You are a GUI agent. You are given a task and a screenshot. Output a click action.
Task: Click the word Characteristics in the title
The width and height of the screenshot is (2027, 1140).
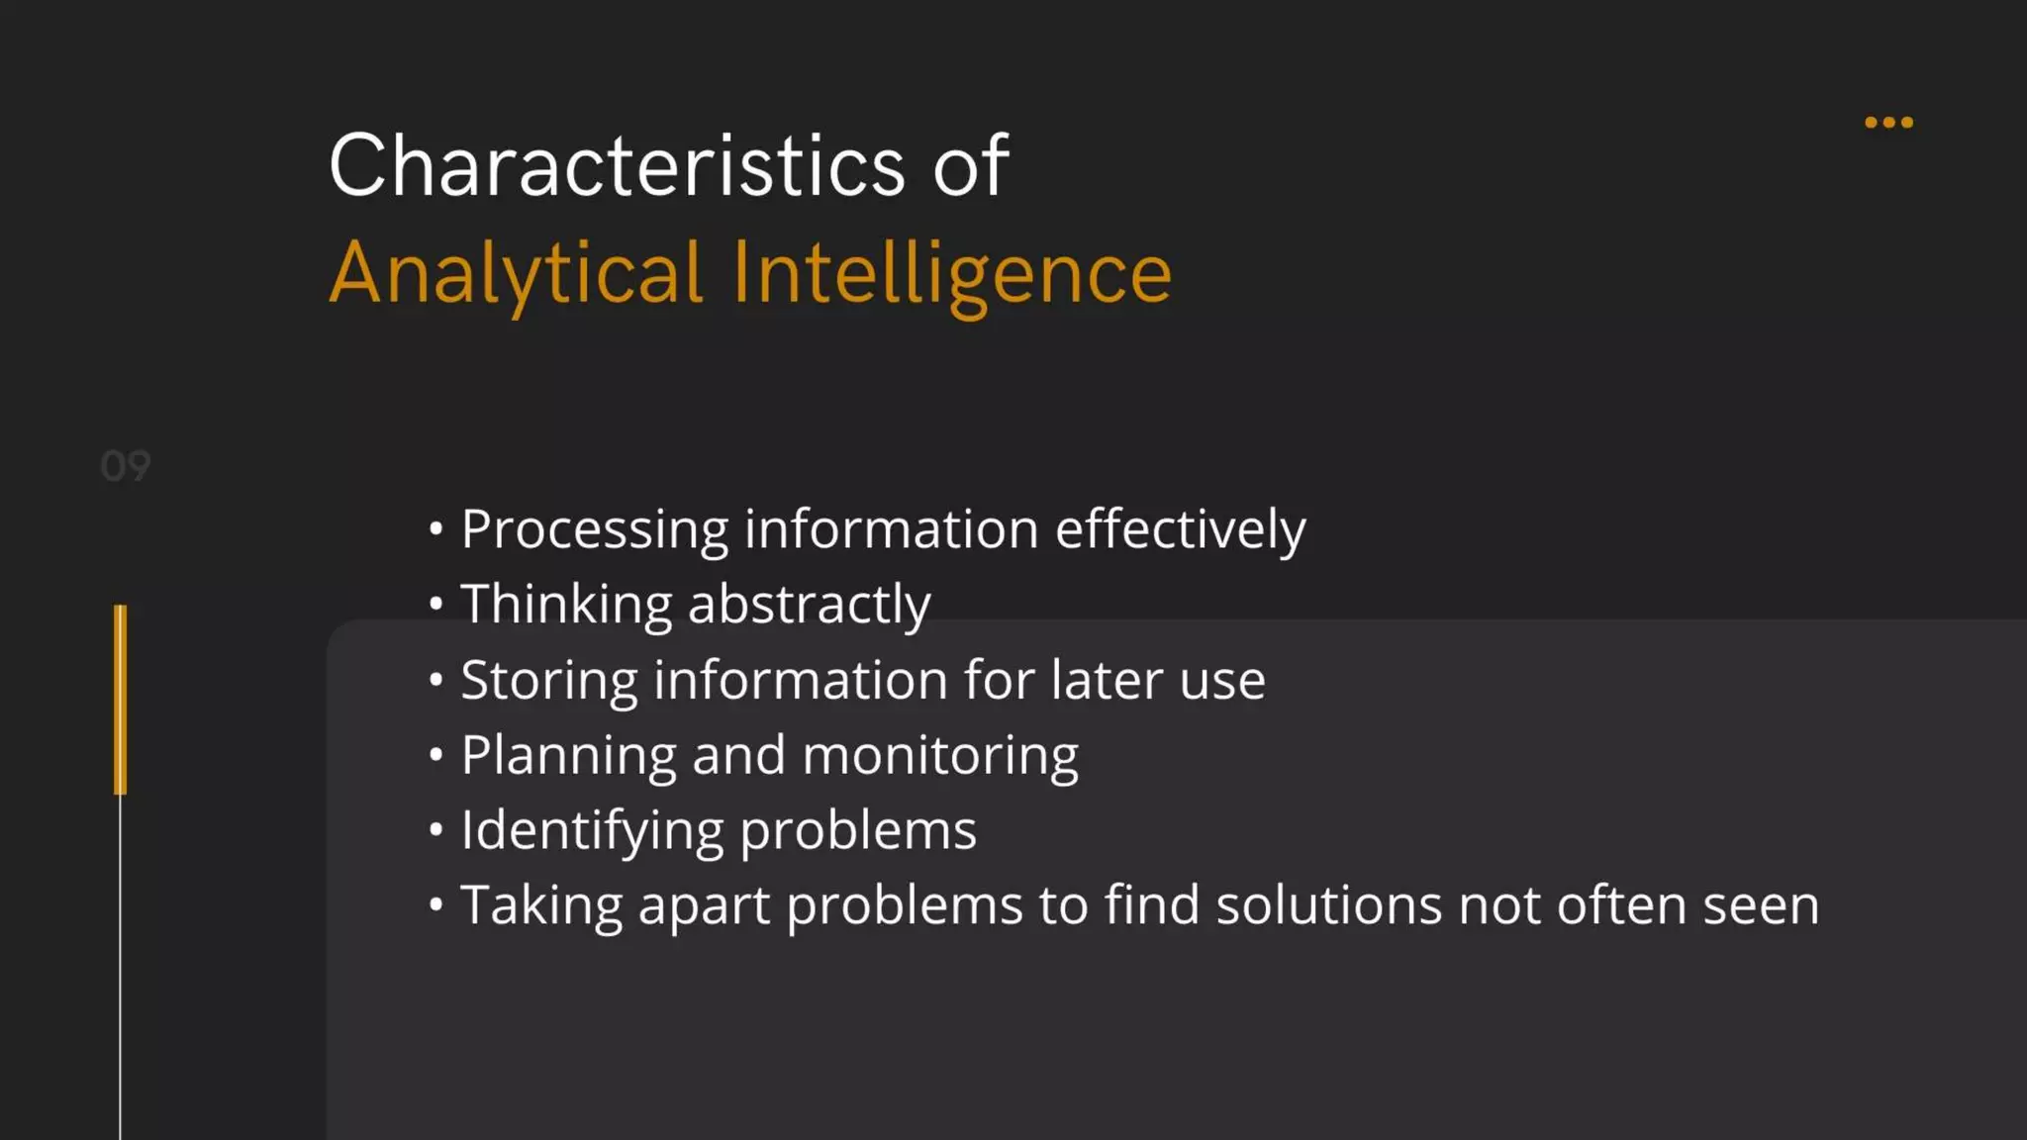(617, 166)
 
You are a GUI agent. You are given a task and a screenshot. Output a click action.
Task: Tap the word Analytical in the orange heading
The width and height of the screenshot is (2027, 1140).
(516, 273)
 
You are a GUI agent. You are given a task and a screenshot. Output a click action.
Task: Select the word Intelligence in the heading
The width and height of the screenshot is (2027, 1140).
(951, 273)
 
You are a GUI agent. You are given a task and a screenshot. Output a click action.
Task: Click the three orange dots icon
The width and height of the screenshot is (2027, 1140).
(1888, 123)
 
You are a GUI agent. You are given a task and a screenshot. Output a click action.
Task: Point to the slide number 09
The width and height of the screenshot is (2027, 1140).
(126, 466)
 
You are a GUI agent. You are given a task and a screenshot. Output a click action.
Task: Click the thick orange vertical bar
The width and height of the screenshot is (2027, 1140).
(121, 700)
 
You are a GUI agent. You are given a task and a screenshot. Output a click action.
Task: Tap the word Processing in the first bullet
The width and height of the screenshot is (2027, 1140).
(594, 530)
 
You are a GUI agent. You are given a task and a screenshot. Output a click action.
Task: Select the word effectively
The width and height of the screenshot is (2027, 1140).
(1180, 530)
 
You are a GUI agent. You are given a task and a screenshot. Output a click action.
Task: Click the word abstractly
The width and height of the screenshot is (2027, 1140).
(809, 606)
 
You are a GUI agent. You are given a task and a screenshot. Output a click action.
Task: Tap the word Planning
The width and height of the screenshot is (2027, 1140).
(568, 756)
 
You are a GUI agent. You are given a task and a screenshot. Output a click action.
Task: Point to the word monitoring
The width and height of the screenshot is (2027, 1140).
(940, 756)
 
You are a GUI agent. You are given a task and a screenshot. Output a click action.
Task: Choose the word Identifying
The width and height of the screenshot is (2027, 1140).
(592, 831)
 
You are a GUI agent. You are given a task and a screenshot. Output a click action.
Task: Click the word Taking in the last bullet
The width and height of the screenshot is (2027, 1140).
(541, 906)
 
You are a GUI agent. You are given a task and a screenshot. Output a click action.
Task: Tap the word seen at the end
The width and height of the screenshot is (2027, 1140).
(1760, 906)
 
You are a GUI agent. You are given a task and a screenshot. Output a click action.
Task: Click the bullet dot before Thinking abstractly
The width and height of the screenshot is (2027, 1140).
(435, 604)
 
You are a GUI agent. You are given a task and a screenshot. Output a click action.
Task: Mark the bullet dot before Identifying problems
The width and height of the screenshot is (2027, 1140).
(435, 829)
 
